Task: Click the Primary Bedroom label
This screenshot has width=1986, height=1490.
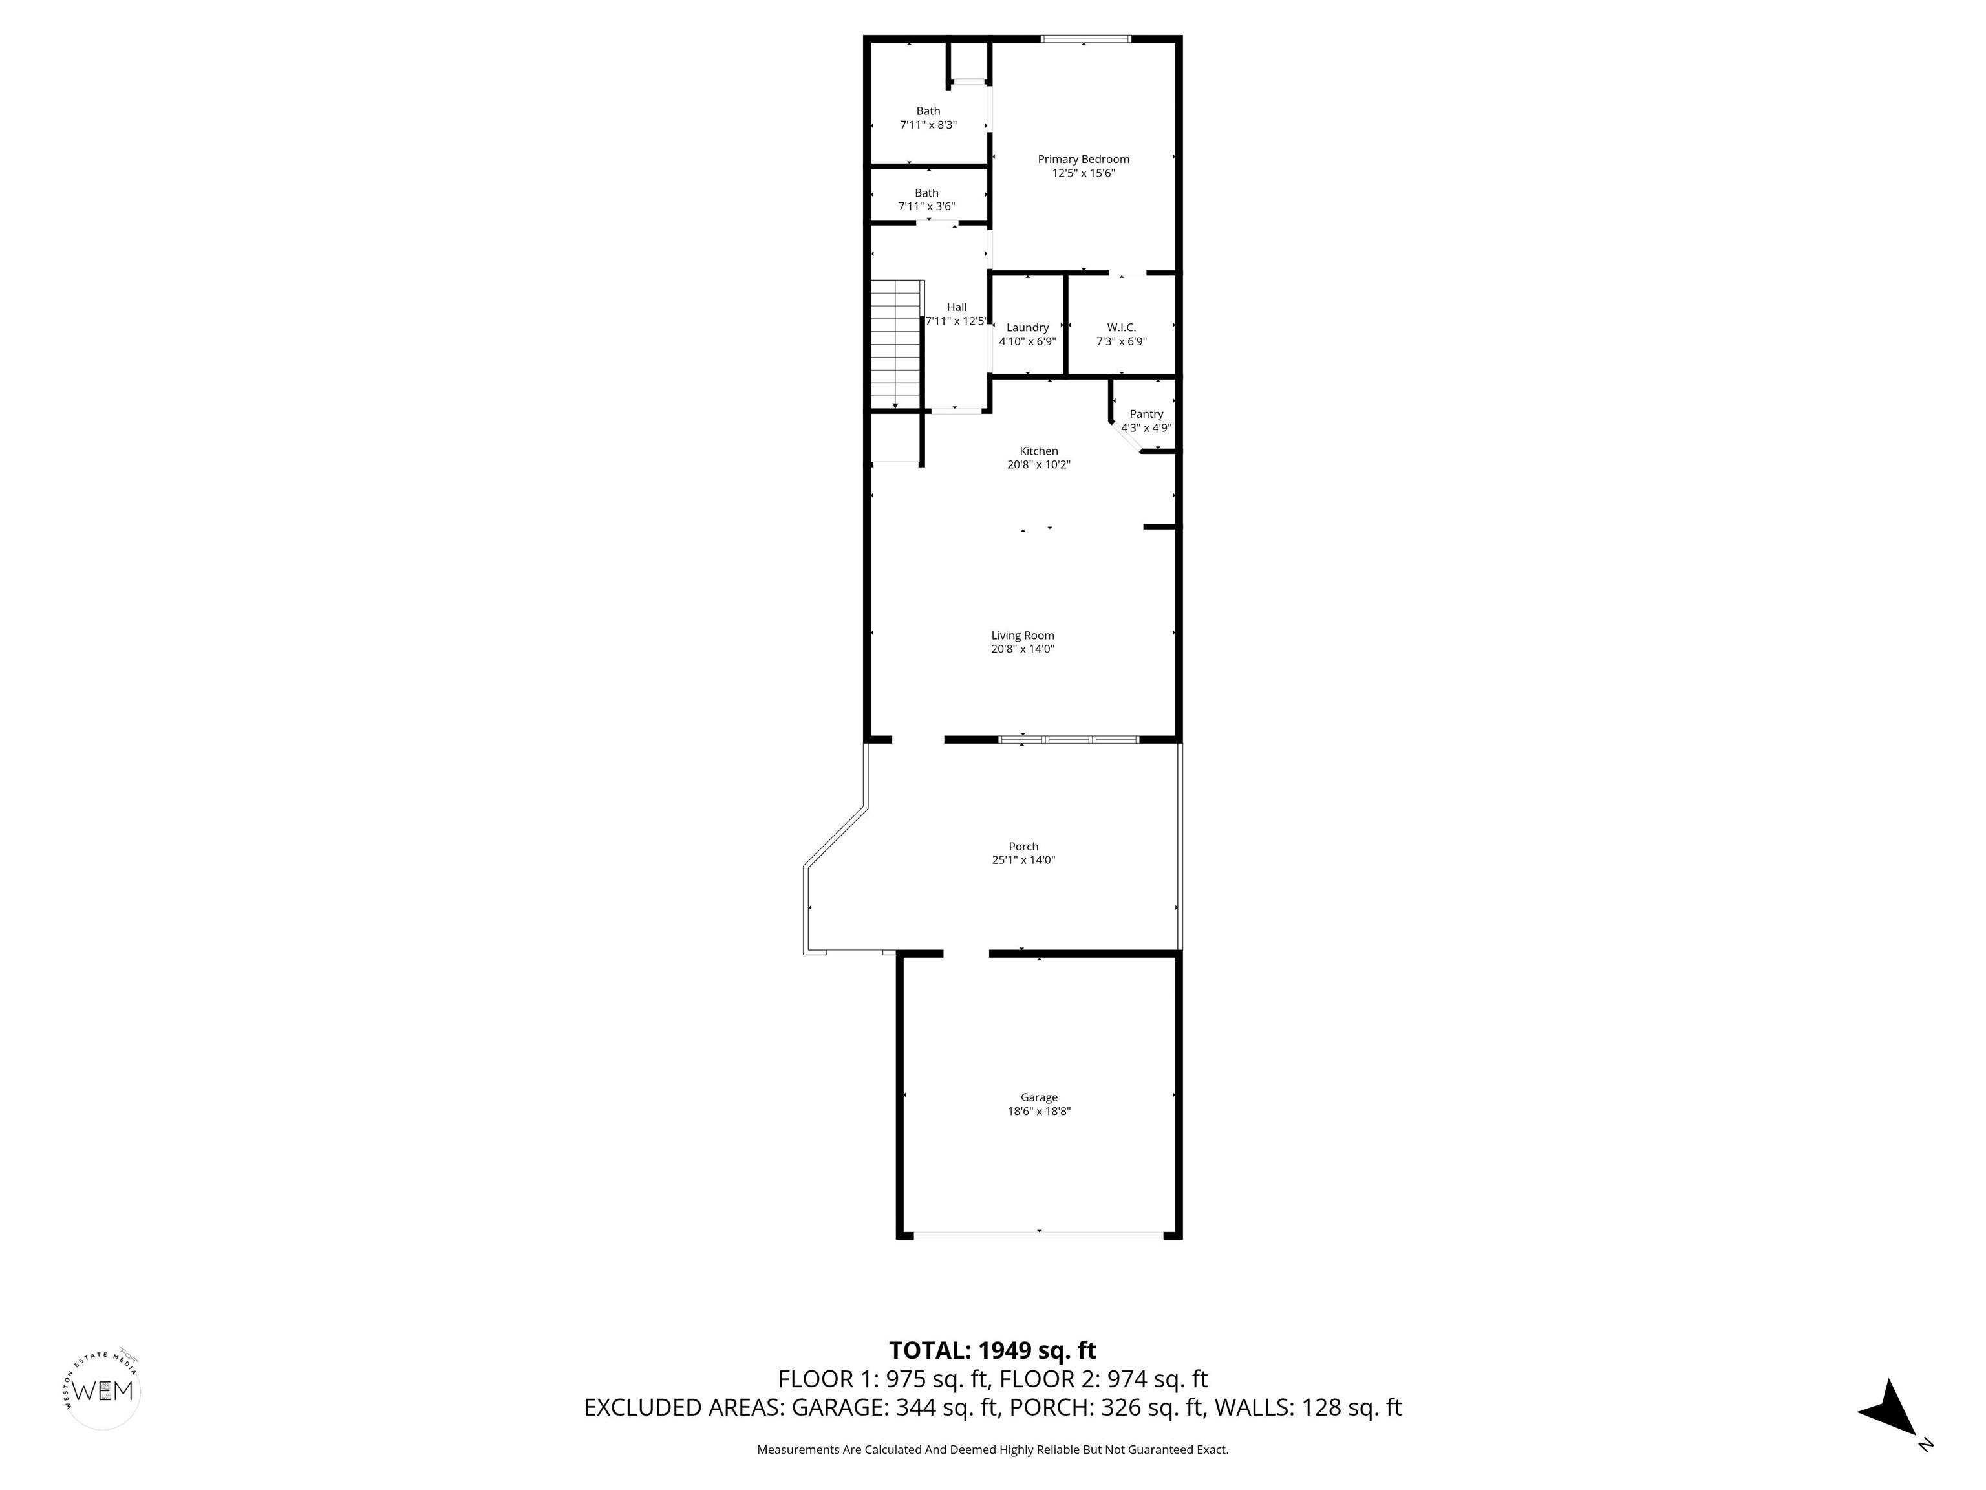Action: pyautogui.click(x=1083, y=159)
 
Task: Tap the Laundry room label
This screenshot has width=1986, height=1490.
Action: pyautogui.click(x=1027, y=328)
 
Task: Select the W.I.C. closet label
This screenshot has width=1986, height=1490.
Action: pyautogui.click(x=1122, y=328)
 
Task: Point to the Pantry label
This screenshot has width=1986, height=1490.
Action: pyautogui.click(x=1146, y=414)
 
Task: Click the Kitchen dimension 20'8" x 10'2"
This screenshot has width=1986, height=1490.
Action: pyautogui.click(x=1039, y=465)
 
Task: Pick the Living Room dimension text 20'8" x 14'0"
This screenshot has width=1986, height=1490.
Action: pyautogui.click(x=1023, y=649)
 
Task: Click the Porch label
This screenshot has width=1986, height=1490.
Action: pyautogui.click(x=1023, y=846)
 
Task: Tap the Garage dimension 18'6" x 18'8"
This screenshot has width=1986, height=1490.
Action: pyautogui.click(x=1039, y=1111)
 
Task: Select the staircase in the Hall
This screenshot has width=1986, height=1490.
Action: pyautogui.click(x=897, y=344)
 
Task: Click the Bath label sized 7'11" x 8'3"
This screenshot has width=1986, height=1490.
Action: pyautogui.click(x=928, y=111)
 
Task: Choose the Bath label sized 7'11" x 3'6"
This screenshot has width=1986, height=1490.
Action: pyautogui.click(x=926, y=193)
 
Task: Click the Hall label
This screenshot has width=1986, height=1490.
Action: pyautogui.click(x=957, y=307)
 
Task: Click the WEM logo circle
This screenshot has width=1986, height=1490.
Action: pyautogui.click(x=103, y=1391)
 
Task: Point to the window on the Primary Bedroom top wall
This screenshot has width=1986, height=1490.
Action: pyautogui.click(x=1085, y=39)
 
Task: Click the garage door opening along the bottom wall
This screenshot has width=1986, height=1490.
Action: pyautogui.click(x=1039, y=1236)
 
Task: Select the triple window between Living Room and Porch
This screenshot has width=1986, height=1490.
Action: pyautogui.click(x=1069, y=740)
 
